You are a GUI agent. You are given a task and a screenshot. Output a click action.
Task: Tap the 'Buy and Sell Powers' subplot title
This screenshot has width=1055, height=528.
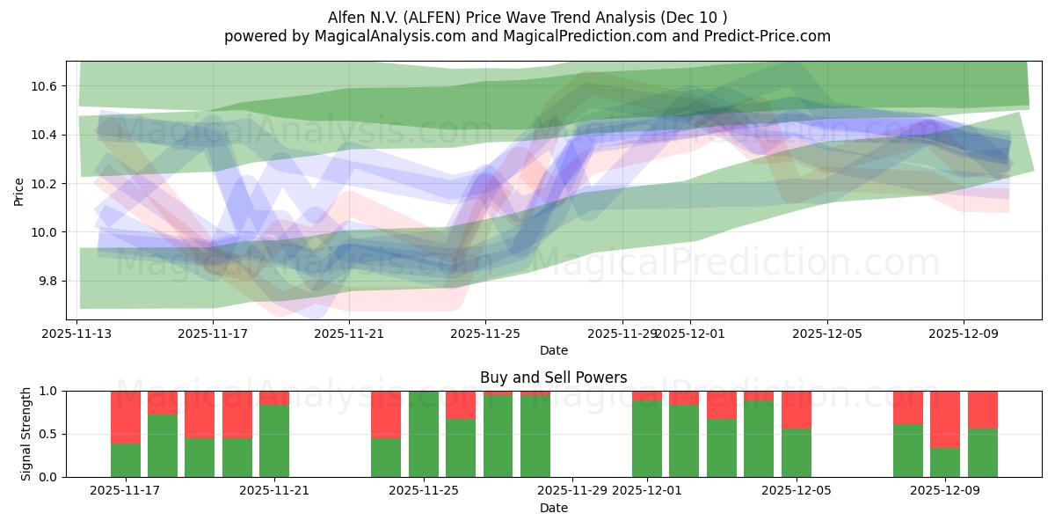coord(553,378)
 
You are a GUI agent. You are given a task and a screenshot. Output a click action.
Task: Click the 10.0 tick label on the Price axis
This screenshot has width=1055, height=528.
coord(45,232)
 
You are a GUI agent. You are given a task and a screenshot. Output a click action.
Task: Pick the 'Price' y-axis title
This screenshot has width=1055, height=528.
coord(19,191)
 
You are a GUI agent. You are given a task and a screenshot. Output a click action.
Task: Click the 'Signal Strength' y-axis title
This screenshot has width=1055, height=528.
coord(26,433)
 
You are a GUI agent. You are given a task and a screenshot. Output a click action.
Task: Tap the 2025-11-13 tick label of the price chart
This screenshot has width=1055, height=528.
coord(77,334)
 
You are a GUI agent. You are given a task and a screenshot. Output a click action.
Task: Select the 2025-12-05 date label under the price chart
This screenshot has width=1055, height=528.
coord(826,334)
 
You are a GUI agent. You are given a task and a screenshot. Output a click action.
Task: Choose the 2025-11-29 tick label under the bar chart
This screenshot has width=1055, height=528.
coord(572,491)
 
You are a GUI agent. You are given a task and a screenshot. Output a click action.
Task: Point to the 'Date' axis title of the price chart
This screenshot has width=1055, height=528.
coord(553,350)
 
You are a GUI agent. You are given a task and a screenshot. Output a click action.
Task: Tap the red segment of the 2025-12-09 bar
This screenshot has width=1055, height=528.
coord(945,419)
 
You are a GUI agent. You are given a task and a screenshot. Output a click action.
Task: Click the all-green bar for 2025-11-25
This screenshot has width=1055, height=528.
coord(423,434)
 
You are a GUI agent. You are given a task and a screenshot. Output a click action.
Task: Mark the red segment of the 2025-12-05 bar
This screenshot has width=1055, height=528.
coord(796,409)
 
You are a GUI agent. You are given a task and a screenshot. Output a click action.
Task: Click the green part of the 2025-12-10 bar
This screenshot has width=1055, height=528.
coord(982,452)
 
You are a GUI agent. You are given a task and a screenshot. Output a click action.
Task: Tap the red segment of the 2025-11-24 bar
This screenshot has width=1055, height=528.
coord(386,414)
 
